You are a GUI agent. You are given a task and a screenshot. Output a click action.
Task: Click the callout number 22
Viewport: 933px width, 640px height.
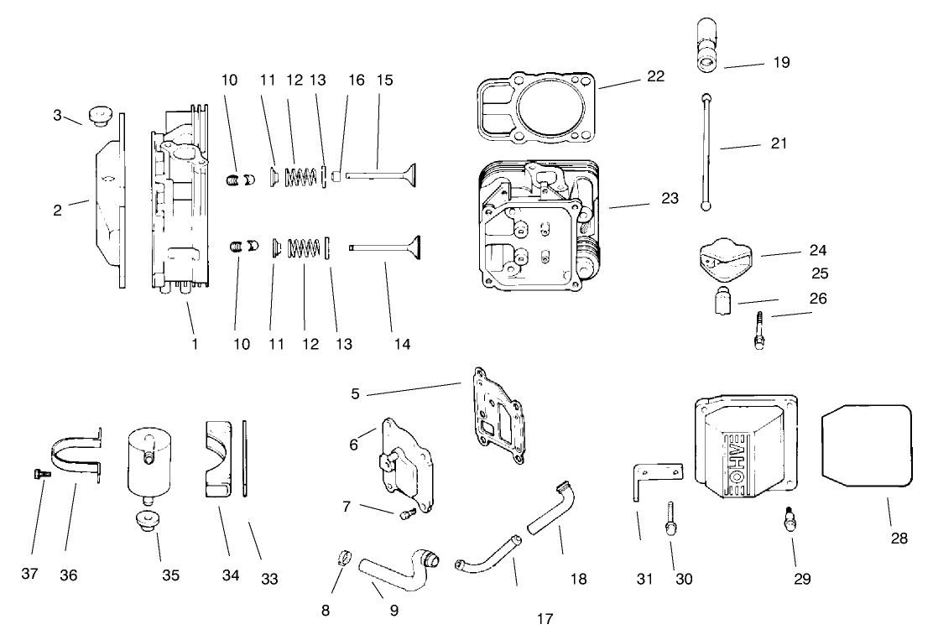[655, 76]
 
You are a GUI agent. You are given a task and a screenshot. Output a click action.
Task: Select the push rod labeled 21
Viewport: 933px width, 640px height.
[708, 152]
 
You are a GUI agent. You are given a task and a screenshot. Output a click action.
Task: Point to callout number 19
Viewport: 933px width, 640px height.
[782, 62]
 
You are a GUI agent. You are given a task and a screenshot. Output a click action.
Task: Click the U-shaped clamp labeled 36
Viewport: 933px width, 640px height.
[76, 457]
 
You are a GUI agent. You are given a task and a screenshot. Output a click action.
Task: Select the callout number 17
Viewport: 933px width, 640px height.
[545, 619]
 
